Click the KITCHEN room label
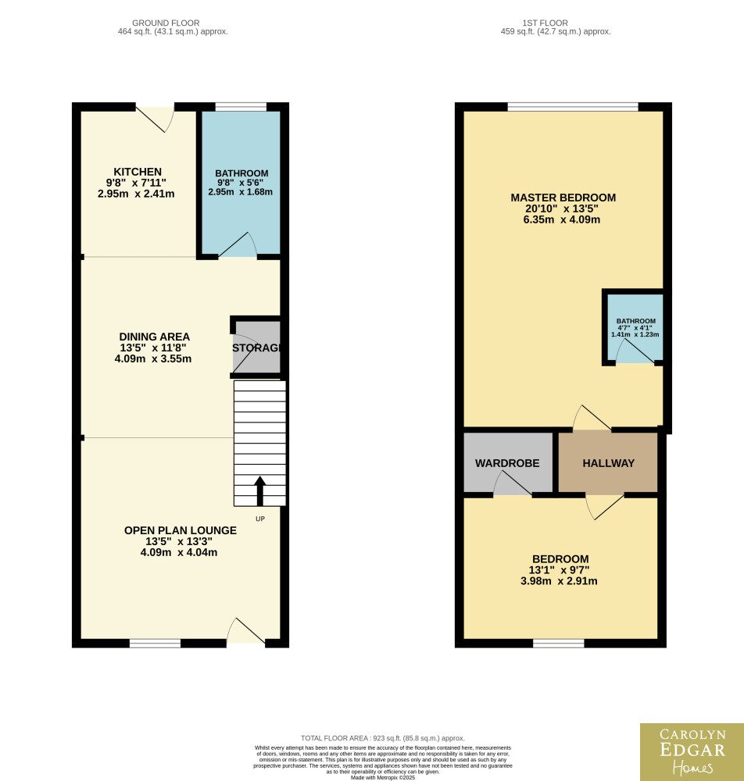coord(138,172)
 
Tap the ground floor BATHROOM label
coord(241,173)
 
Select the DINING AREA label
coord(155,337)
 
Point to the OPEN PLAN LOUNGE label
coord(181,530)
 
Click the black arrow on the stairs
coord(259,491)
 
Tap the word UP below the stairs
coord(260,519)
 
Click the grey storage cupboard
coord(256,348)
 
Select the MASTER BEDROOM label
coord(563,198)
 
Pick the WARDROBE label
coord(507,463)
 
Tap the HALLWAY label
coord(609,463)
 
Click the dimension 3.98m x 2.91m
coord(559,581)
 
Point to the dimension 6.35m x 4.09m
coord(562,219)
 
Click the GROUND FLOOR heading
coord(166,23)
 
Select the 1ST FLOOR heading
coord(545,23)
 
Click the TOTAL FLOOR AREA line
coord(383,738)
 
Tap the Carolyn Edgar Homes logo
coord(692,752)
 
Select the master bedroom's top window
coord(573,106)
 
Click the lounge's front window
coord(155,644)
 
